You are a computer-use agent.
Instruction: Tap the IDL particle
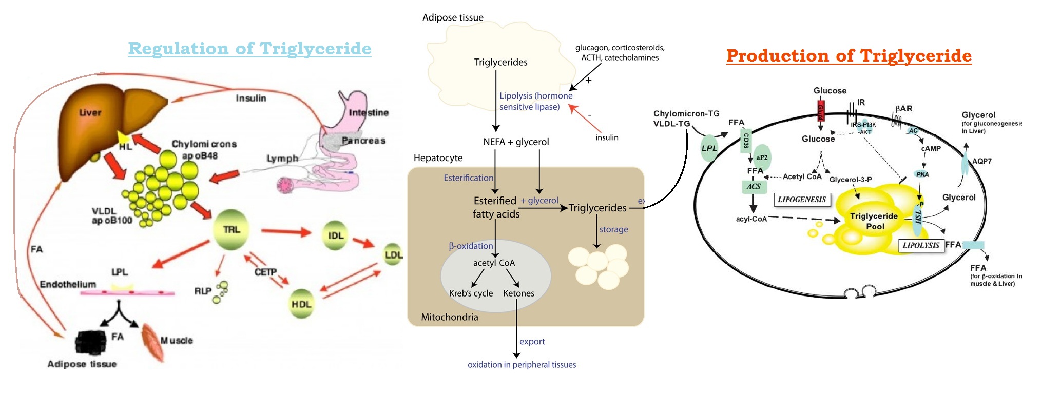pyautogui.click(x=335, y=235)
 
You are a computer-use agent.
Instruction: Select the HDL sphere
pyautogui.click(x=301, y=304)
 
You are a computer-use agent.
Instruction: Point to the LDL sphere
pyautogui.click(x=393, y=254)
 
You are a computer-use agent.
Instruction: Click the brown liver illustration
pyautogui.click(x=103, y=128)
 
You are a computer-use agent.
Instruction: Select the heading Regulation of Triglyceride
pyautogui.click(x=249, y=49)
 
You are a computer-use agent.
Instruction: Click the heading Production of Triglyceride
pyautogui.click(x=849, y=56)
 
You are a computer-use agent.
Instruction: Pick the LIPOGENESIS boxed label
pyautogui.click(x=801, y=200)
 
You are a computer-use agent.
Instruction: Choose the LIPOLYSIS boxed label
pyautogui.click(x=921, y=245)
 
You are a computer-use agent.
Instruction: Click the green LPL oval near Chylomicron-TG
pyautogui.click(x=709, y=148)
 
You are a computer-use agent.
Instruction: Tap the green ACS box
pyautogui.click(x=754, y=186)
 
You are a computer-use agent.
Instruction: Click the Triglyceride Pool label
pyautogui.click(x=874, y=221)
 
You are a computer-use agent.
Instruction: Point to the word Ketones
pyautogui.click(x=518, y=293)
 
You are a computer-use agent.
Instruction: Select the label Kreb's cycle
pyautogui.click(x=471, y=293)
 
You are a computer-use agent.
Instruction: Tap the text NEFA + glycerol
pyautogui.click(x=516, y=142)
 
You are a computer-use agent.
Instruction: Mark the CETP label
pyautogui.click(x=265, y=272)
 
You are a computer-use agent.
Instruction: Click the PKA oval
pyautogui.click(x=922, y=174)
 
